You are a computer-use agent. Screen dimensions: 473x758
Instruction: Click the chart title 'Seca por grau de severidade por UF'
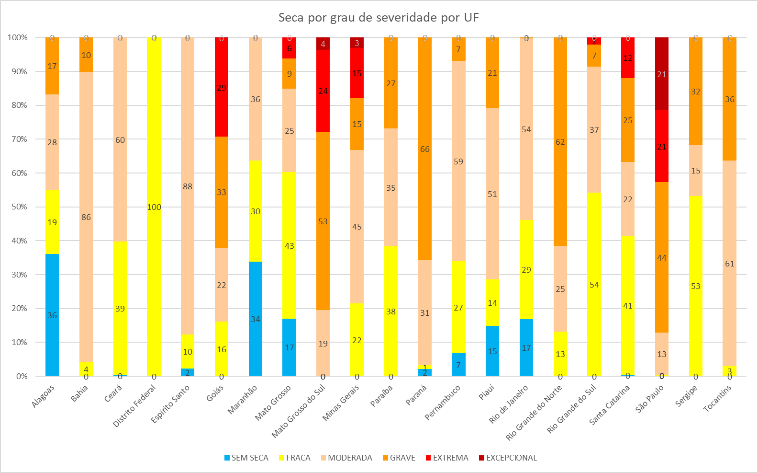[379, 18]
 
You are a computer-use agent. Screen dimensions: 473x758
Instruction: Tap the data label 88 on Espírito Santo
[188, 186]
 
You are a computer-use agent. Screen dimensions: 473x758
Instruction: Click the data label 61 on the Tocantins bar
[729, 264]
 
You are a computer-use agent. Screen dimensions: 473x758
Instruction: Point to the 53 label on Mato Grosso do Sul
[323, 221]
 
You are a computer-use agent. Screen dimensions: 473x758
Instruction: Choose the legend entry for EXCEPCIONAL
[508, 458]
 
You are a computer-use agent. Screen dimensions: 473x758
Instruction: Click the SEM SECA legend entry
[246, 458]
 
